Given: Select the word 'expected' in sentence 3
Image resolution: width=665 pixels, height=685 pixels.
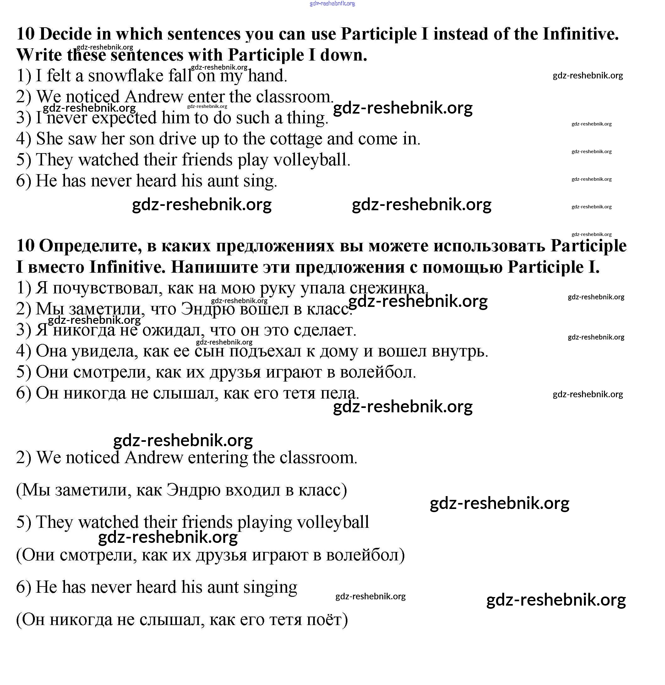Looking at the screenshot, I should click(124, 118).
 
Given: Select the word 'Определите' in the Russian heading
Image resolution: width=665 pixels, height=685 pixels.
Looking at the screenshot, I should click(90, 246).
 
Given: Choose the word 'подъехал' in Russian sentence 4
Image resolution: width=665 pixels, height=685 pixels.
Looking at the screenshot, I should click(265, 351).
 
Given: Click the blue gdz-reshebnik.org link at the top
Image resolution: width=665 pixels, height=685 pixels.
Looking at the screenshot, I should click(332, 3).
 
